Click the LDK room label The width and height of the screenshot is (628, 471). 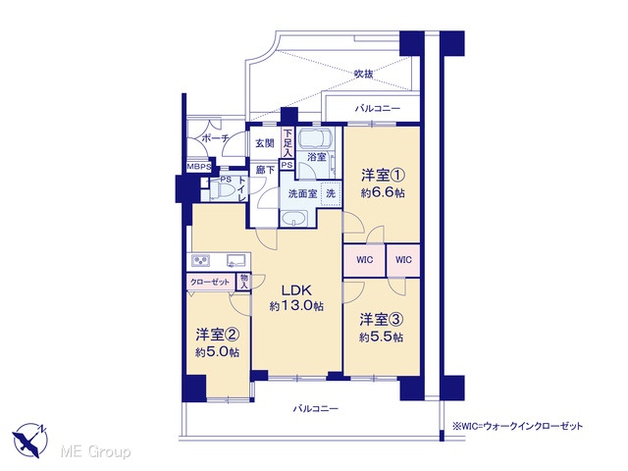[x=296, y=290]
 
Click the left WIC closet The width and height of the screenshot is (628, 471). [x=364, y=260]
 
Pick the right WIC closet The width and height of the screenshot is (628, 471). [x=403, y=260]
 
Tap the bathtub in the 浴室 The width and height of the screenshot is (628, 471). [x=314, y=138]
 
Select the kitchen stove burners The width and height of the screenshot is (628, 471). [x=200, y=261]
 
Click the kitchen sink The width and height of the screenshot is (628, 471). [x=235, y=261]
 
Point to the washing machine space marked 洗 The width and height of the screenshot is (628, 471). [x=331, y=194]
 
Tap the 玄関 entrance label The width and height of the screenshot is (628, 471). [x=265, y=143]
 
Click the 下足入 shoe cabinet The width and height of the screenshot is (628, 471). [x=288, y=143]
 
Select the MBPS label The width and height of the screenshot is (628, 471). [x=198, y=167]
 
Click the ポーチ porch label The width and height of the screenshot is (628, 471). [x=215, y=138]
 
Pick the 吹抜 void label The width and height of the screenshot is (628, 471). [x=364, y=74]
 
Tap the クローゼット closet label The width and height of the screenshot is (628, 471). [x=210, y=282]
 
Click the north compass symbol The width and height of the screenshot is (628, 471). [x=30, y=440]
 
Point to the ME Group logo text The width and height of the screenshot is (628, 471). [x=95, y=452]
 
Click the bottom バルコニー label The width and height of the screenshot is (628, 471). [x=316, y=409]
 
